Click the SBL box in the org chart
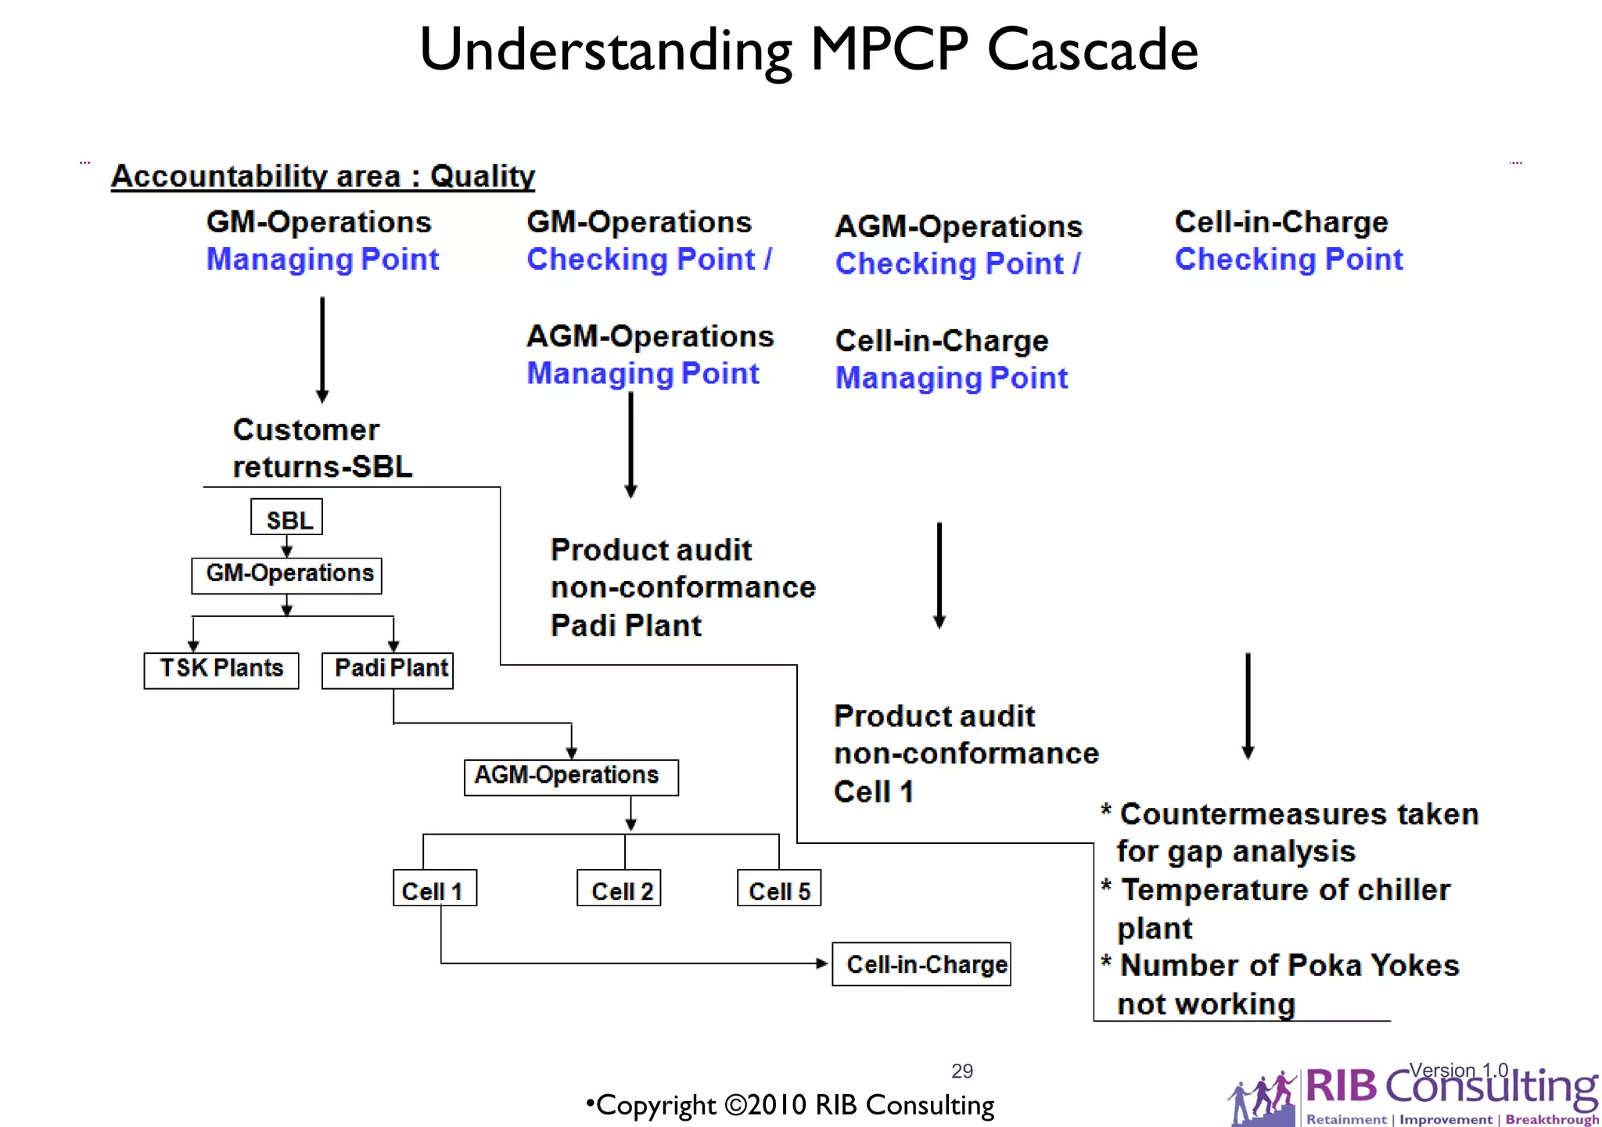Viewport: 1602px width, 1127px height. point(286,518)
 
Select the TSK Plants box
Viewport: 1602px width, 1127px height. point(221,670)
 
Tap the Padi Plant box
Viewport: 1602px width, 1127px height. point(388,670)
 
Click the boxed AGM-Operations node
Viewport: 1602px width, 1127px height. point(571,777)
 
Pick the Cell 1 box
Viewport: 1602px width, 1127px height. point(434,888)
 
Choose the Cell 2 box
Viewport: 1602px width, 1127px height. point(619,888)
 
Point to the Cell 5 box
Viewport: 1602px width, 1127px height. point(779,888)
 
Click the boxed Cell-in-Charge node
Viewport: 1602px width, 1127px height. point(921,964)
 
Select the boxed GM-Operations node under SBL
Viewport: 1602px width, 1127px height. point(286,575)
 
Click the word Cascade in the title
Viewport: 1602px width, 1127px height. point(1092,49)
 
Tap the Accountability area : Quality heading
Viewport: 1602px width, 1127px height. point(322,177)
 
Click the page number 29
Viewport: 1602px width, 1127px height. point(962,1071)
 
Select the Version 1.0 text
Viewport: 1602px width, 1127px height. point(1458,1070)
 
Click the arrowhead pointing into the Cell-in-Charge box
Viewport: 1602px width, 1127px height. point(822,964)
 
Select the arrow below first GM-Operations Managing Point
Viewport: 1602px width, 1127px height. point(322,350)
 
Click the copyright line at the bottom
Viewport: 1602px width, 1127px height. point(790,1105)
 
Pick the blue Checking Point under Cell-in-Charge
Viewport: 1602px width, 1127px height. point(1288,260)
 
